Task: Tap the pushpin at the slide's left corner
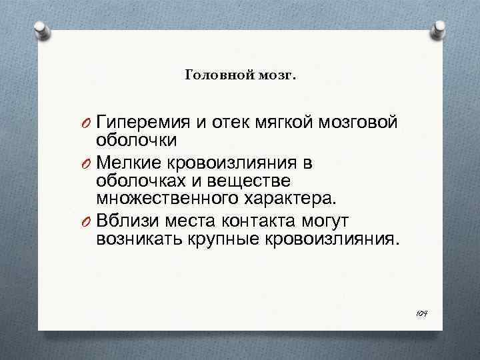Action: [x=41, y=30]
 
